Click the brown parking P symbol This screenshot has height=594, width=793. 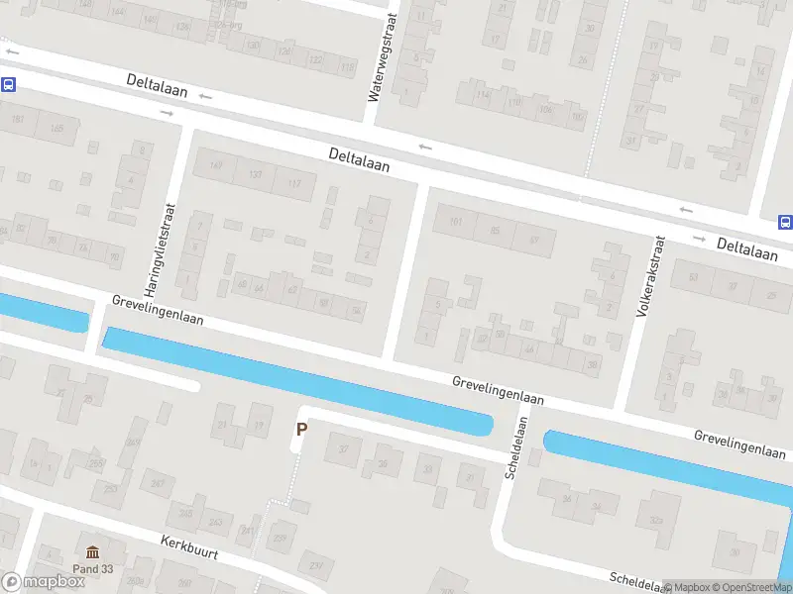[302, 430]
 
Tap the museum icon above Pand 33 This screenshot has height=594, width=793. [93, 552]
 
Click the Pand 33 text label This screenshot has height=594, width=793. [93, 569]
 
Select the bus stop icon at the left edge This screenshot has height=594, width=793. [8, 85]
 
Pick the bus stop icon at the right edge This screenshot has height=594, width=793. [785, 222]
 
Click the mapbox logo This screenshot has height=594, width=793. [43, 582]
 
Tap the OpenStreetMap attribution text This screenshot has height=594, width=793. [754, 587]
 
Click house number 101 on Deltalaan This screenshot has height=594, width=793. [455, 222]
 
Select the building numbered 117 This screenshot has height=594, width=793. [293, 184]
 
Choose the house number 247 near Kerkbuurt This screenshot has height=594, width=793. [158, 483]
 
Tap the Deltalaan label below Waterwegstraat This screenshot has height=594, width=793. [359, 161]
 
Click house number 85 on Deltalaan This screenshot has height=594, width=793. [495, 231]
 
